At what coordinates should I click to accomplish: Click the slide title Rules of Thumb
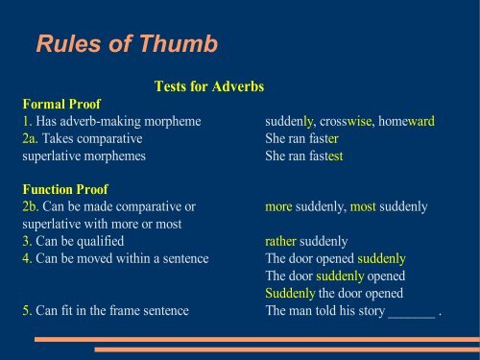click(x=126, y=44)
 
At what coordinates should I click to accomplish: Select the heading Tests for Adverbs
click(x=208, y=87)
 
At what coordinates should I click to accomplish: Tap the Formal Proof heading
click(x=61, y=104)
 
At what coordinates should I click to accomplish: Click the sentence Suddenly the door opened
click(x=334, y=294)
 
